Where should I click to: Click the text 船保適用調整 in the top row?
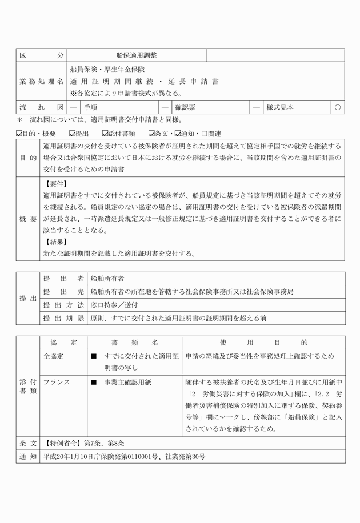(136, 55)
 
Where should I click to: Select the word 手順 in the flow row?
(90, 107)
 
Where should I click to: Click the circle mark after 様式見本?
(338, 107)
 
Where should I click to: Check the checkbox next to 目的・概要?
(19, 134)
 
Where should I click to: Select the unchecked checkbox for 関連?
(203, 134)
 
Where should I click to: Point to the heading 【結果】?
(56, 241)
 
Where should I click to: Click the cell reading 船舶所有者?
(107, 279)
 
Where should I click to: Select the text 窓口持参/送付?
(111, 305)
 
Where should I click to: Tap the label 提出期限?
(63, 318)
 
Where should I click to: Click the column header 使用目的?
(263, 343)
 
